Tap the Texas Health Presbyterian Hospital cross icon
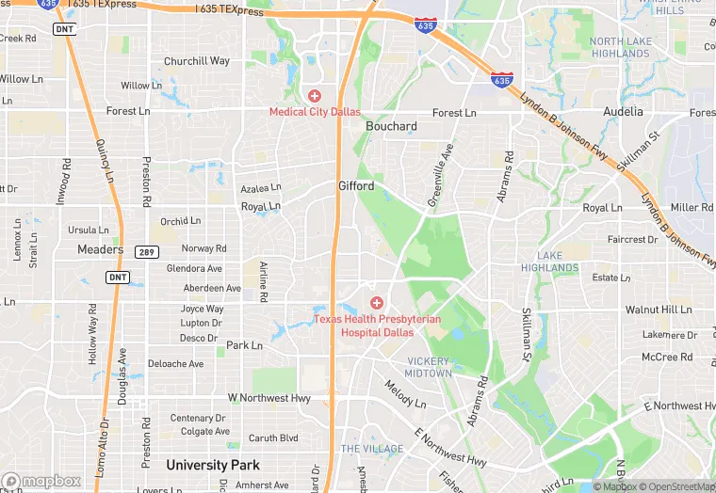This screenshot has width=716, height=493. [377, 302]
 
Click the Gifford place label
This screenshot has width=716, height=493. [356, 186]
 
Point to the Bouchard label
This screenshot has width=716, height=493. [391, 126]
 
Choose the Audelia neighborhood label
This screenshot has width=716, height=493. [624, 111]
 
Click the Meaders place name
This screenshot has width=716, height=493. [101, 249]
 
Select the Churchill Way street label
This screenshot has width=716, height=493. [197, 61]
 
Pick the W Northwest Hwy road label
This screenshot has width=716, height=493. [268, 398]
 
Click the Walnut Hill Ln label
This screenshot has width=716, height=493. [659, 309]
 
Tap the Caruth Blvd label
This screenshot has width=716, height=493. [273, 437]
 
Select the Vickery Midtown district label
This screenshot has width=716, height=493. [429, 367]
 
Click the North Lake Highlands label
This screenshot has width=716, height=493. [620, 47]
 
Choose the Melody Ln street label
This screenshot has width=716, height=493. [404, 393]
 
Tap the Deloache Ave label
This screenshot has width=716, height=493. [175, 363]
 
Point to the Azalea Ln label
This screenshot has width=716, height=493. [261, 188]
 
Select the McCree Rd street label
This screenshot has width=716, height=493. [667, 357]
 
